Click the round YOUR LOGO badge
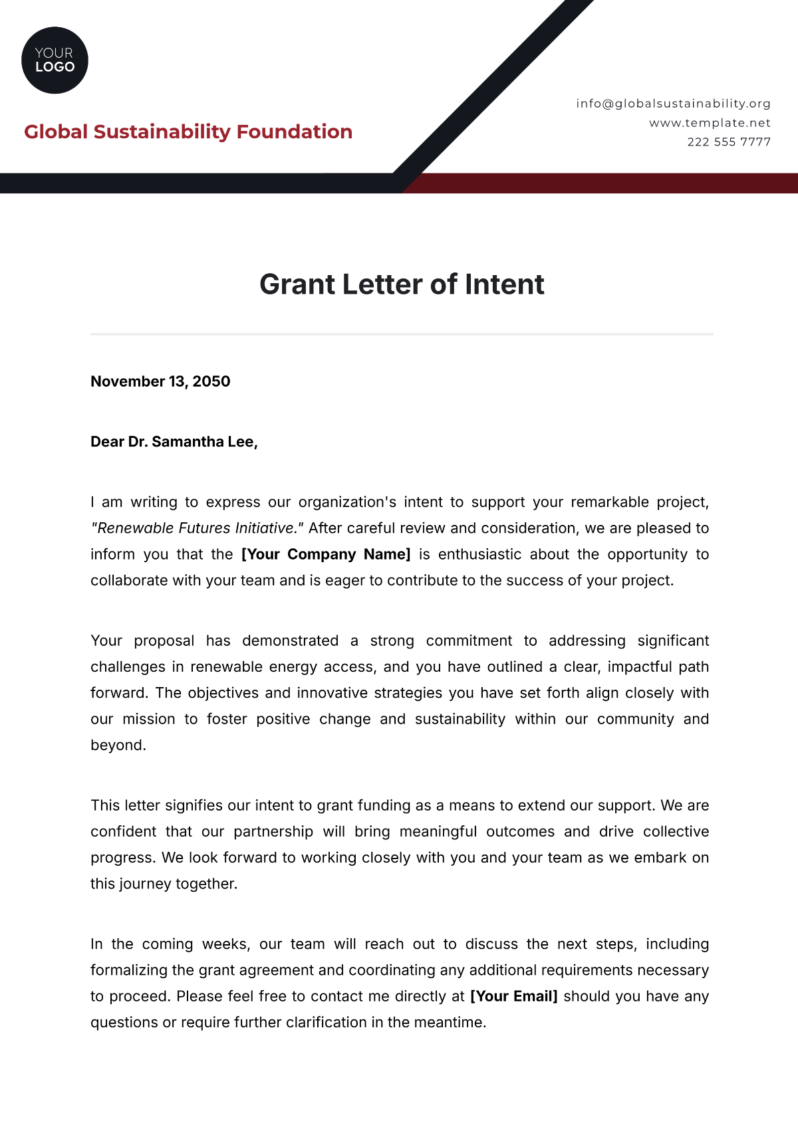coord(55,60)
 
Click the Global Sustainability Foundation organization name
coord(188,132)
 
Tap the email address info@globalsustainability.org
coord(673,104)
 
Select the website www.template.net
coord(710,123)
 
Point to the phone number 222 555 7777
coord(729,142)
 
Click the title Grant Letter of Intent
coord(402,284)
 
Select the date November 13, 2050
coord(160,381)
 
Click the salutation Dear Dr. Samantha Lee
coord(174,442)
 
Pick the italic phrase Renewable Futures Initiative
coord(197,528)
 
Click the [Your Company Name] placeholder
coord(326,554)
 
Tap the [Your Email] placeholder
coord(513,996)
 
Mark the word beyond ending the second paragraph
coord(117,746)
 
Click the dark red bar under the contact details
coord(598,183)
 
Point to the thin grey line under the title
coord(402,334)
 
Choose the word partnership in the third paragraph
coord(273,832)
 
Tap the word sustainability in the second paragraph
coord(460,720)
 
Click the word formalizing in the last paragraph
coord(129,970)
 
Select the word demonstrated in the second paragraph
coord(290,641)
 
